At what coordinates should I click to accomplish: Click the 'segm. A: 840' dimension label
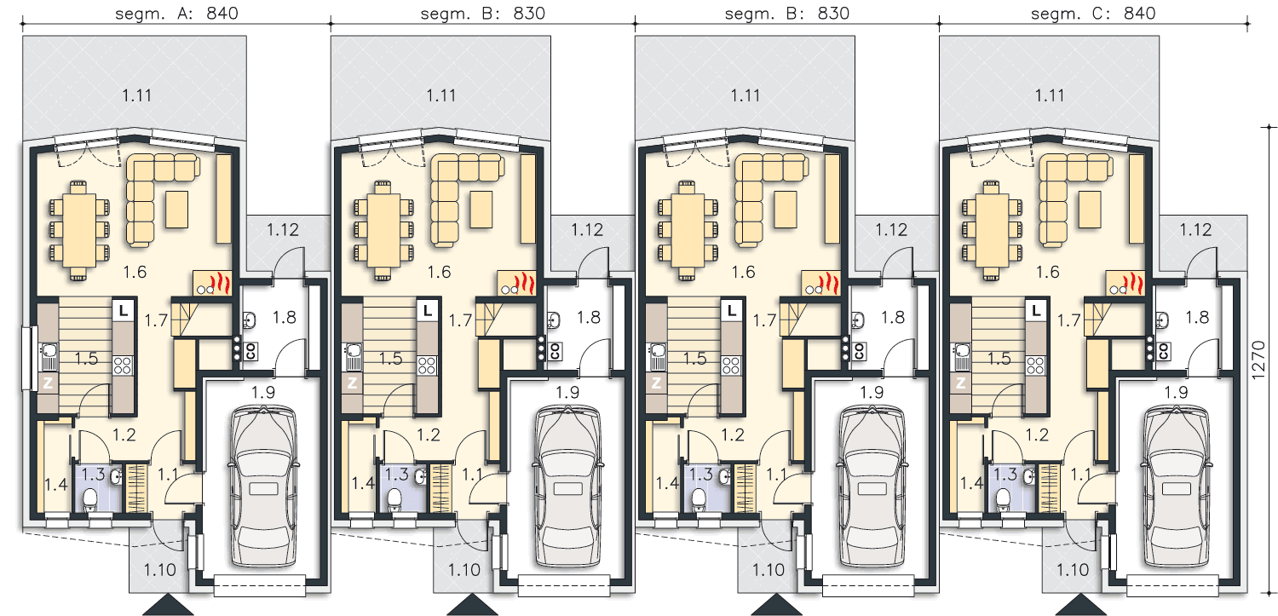176,13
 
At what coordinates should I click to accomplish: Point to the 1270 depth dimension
1258,360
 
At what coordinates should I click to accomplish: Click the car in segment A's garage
263,486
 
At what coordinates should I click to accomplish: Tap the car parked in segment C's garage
1176,486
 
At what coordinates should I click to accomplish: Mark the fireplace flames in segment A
220,283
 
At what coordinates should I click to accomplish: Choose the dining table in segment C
993,230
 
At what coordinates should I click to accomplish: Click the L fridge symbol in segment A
123,310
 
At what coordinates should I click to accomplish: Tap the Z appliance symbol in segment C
961,383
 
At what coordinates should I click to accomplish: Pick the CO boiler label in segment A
250,351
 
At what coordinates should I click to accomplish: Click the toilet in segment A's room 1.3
90,500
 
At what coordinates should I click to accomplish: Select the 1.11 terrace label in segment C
1049,95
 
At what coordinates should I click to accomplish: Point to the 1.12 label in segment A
282,229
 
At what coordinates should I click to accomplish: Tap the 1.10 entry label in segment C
1073,569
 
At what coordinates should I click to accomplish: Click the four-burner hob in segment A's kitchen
123,365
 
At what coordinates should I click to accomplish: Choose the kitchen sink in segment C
963,356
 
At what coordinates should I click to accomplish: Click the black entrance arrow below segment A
168,604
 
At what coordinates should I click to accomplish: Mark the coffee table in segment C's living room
1090,210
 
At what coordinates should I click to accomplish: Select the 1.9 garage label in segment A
263,392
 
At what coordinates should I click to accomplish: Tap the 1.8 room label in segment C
1197,317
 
